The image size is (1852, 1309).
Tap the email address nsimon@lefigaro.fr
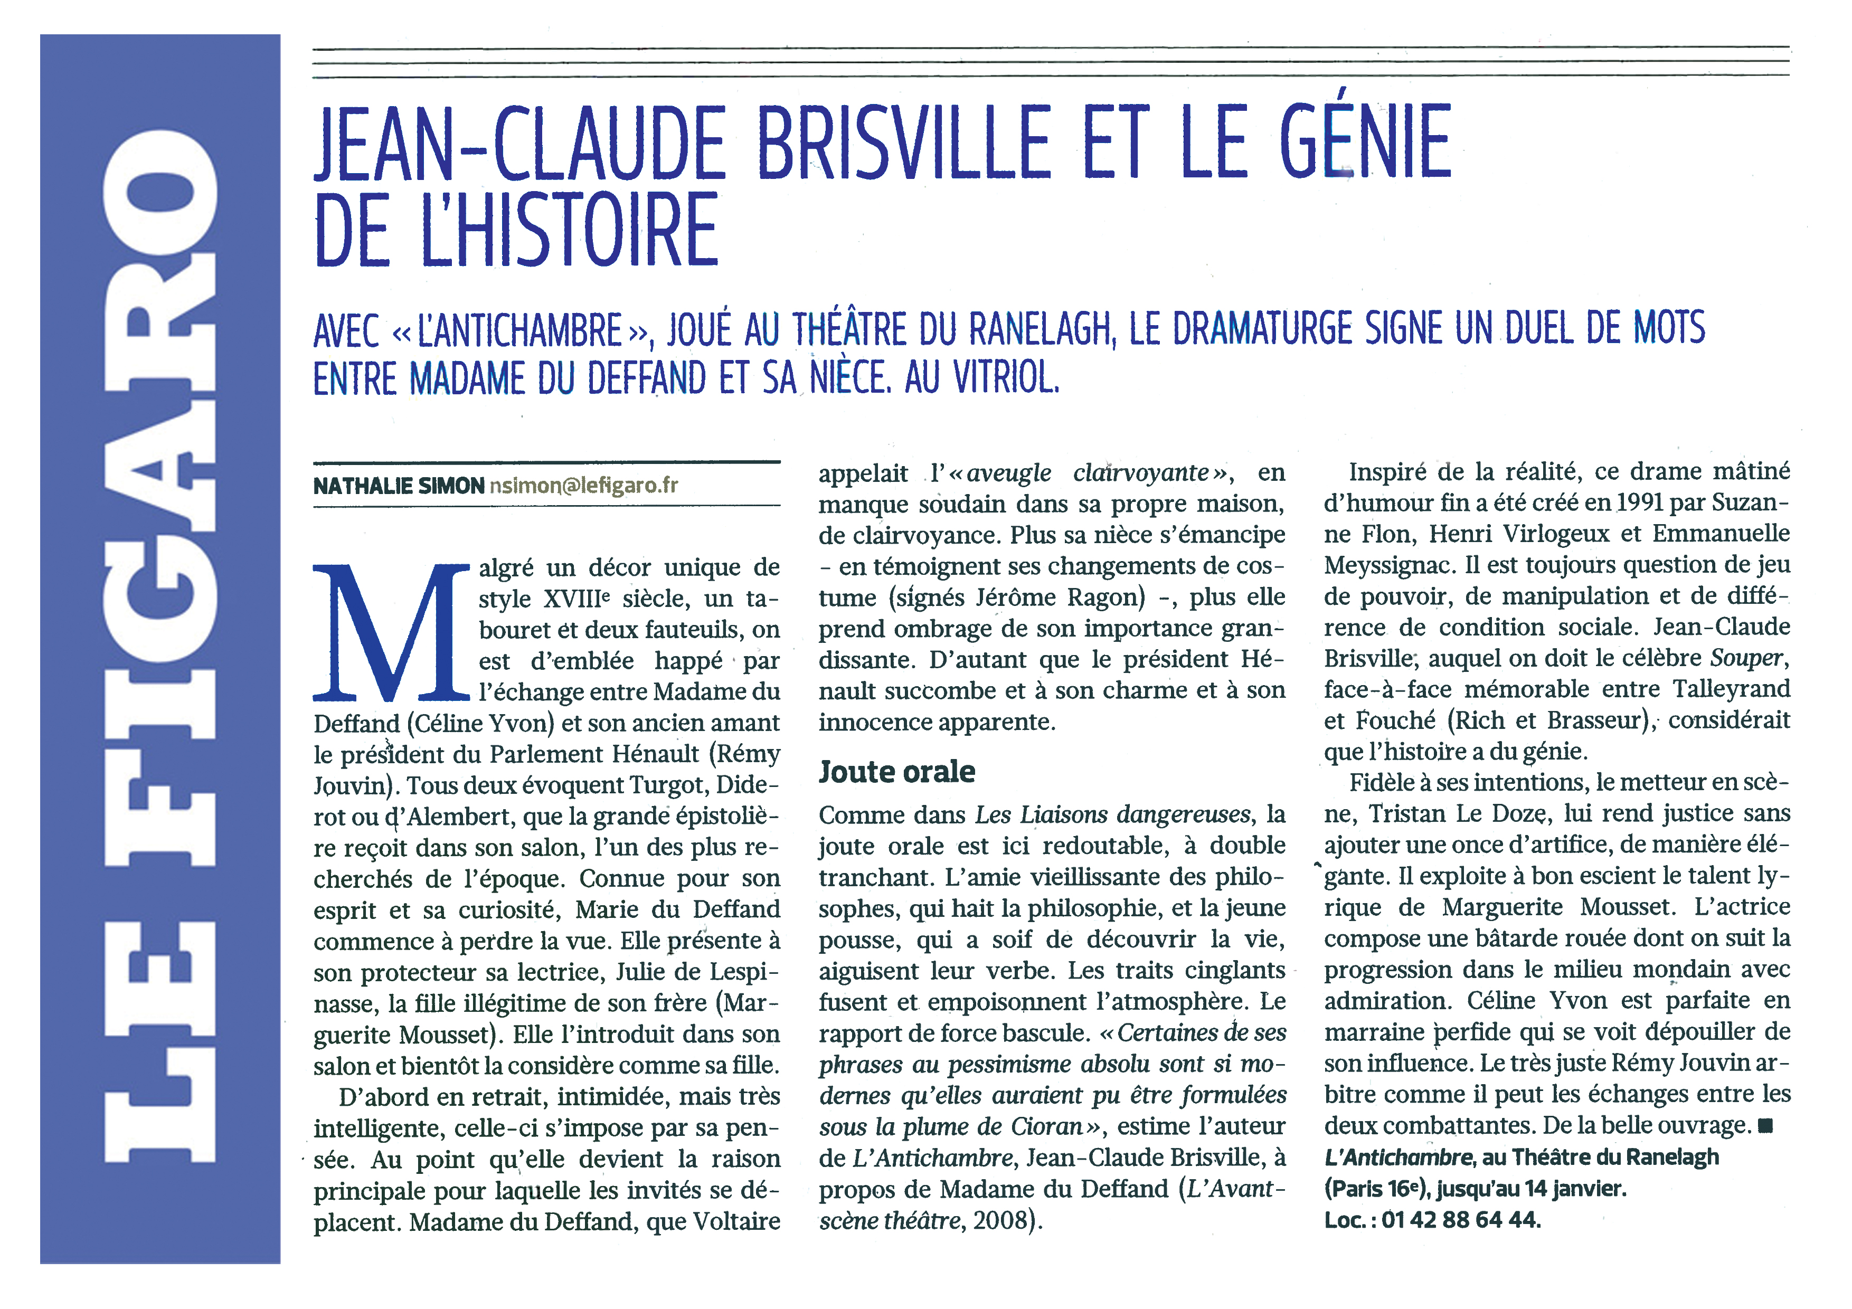pos(583,486)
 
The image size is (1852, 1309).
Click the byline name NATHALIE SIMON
pos(399,486)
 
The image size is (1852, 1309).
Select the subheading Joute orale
pos(897,772)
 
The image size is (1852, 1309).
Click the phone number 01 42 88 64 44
pos(1460,1219)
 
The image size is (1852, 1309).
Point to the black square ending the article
pos(1765,1126)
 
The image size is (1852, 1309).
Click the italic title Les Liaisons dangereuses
pos(1113,814)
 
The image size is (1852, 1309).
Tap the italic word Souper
pos(1745,658)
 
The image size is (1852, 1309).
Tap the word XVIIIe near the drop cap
pos(577,599)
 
